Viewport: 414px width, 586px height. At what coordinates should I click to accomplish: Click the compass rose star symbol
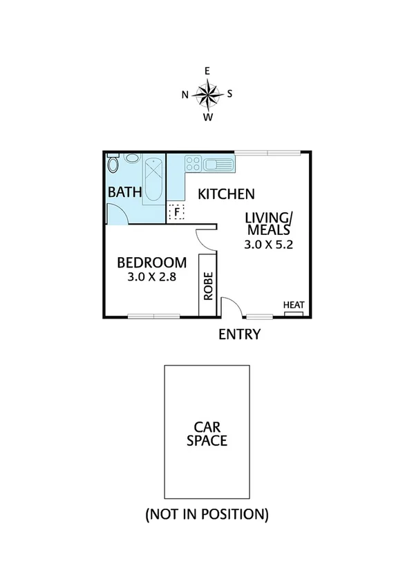click(x=207, y=93)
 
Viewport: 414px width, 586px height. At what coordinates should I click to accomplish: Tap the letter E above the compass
click(x=207, y=70)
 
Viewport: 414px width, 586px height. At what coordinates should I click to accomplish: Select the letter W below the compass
click(x=207, y=117)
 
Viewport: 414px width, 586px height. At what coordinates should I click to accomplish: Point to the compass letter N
click(x=185, y=95)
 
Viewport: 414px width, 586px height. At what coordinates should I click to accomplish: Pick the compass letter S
click(x=230, y=94)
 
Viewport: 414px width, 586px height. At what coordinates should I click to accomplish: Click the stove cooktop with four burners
click(x=193, y=164)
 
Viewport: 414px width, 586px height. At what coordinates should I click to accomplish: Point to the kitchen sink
click(x=220, y=164)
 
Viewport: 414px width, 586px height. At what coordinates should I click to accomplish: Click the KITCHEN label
click(x=227, y=194)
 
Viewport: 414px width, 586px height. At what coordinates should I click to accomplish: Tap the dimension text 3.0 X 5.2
click(x=265, y=245)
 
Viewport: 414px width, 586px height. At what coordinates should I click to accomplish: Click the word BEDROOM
click(x=151, y=263)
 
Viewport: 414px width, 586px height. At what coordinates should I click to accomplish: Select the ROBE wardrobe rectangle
click(x=207, y=285)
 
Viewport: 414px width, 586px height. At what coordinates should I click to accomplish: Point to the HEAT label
click(x=293, y=305)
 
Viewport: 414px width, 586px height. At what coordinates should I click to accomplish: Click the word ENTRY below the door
click(x=239, y=335)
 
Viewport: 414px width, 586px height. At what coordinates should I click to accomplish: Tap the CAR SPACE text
click(x=207, y=433)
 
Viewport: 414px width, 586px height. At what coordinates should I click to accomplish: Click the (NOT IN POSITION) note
click(x=206, y=514)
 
